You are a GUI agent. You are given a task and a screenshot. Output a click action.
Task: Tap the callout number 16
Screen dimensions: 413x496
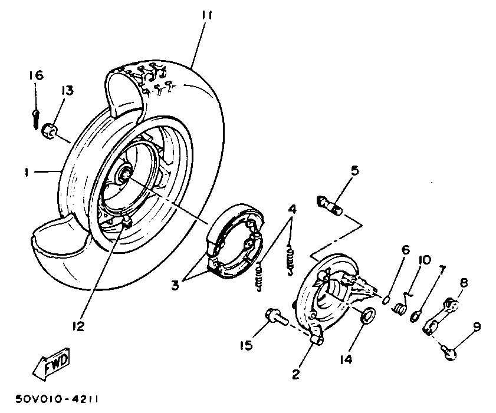coord(35,75)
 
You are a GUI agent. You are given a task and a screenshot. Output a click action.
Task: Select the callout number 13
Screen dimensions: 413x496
coord(67,91)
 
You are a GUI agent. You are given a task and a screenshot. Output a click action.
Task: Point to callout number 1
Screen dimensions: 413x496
coord(27,171)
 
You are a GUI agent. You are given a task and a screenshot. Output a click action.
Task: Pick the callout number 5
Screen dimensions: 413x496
coord(354,171)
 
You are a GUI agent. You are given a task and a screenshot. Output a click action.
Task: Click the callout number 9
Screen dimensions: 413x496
coord(476,326)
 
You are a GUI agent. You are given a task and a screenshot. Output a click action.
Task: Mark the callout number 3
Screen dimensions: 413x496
coord(175,286)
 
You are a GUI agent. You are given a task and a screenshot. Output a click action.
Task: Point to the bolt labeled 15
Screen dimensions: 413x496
coord(275,317)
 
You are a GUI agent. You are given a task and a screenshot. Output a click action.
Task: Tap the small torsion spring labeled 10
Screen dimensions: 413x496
coord(402,306)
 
